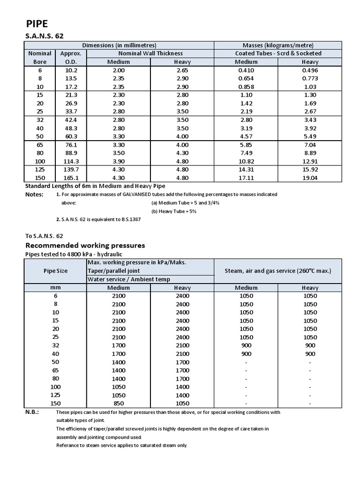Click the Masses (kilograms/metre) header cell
coord(278,45)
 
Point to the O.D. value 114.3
coord(71,161)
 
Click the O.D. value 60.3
coord(71,135)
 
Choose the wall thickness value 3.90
coord(119,161)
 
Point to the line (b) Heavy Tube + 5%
coord(173,211)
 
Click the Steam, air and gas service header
coord(278,271)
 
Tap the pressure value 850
coord(119,403)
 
